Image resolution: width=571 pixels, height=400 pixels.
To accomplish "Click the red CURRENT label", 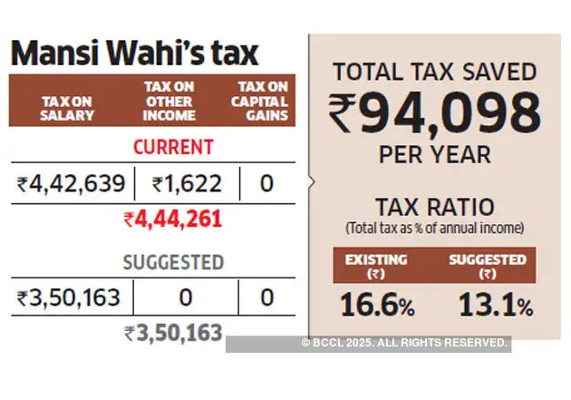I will (173, 147).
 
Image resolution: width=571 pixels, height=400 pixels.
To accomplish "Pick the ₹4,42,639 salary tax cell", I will (71, 185).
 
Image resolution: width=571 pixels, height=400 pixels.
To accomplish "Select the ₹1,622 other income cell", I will (186, 185).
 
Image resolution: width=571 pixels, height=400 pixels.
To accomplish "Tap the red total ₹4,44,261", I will (173, 219).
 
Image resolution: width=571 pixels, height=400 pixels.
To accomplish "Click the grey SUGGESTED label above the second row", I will (173, 263).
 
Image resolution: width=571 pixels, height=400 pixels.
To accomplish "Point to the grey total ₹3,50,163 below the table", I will (173, 332).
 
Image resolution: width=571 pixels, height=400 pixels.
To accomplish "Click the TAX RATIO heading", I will (434, 208).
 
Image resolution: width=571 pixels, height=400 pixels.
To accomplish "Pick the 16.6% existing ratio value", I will (378, 306).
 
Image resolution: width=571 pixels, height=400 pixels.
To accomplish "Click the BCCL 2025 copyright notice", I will (404, 343).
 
